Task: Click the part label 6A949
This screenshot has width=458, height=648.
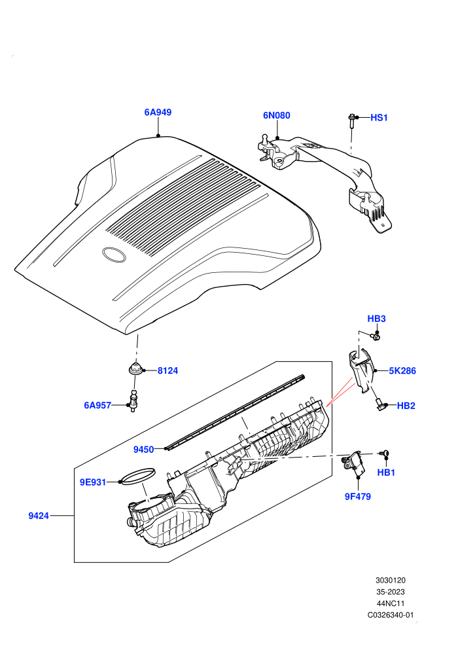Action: (158, 113)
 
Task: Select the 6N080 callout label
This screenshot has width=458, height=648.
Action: (277, 115)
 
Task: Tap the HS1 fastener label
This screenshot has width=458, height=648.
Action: (379, 118)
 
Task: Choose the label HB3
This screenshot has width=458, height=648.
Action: (376, 319)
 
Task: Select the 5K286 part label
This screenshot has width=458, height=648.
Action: (402, 370)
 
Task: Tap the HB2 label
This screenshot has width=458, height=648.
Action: (406, 406)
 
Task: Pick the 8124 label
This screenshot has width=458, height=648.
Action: (167, 370)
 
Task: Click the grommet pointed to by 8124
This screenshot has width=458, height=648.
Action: (135, 368)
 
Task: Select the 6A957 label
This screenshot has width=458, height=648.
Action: (97, 405)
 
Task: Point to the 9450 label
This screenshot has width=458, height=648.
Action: (143, 450)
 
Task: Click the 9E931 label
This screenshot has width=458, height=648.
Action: (93, 482)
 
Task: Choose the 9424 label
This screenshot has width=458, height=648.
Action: (39, 516)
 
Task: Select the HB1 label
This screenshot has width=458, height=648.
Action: (386, 473)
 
